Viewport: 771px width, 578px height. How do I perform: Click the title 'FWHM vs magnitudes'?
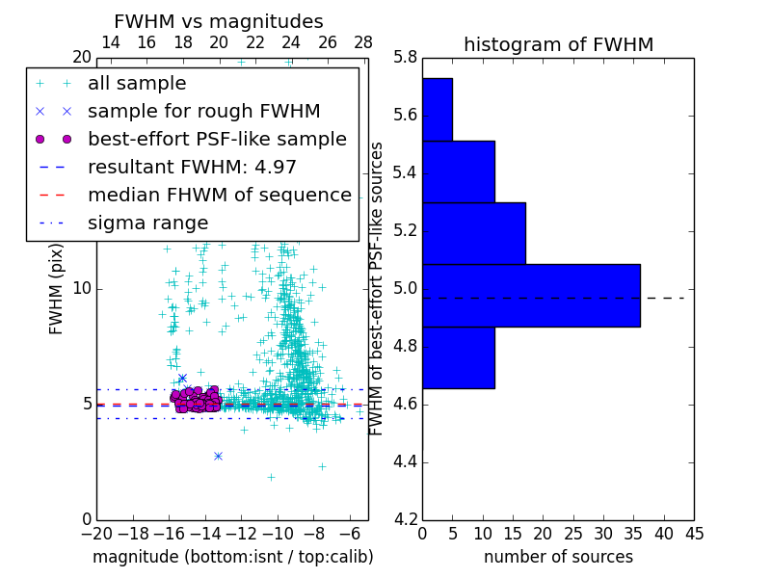[218, 21]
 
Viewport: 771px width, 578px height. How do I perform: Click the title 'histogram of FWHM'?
[558, 44]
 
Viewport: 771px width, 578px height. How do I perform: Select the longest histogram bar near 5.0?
[531, 295]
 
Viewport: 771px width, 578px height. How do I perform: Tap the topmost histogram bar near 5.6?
[437, 109]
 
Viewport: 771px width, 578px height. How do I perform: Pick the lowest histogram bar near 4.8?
[458, 357]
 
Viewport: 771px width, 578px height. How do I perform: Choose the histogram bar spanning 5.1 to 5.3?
[473, 232]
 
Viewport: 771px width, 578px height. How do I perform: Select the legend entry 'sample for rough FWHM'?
[203, 112]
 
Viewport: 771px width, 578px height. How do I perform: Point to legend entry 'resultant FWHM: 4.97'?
[192, 168]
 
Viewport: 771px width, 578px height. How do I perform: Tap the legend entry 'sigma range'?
[147, 223]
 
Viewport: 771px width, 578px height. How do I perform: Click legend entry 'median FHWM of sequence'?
[219, 196]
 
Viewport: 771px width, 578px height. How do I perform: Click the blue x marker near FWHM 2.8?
[218, 456]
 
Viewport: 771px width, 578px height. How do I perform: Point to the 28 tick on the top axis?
[363, 42]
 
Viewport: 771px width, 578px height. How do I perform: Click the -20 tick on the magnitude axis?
[96, 534]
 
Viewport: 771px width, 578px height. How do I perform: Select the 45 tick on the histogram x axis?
[693, 534]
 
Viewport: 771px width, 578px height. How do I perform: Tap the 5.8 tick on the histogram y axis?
[405, 58]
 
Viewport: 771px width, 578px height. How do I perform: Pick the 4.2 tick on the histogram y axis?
[405, 519]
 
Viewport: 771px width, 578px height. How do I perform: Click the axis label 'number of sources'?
[558, 557]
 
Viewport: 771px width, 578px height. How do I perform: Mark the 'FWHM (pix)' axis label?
[57, 288]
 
